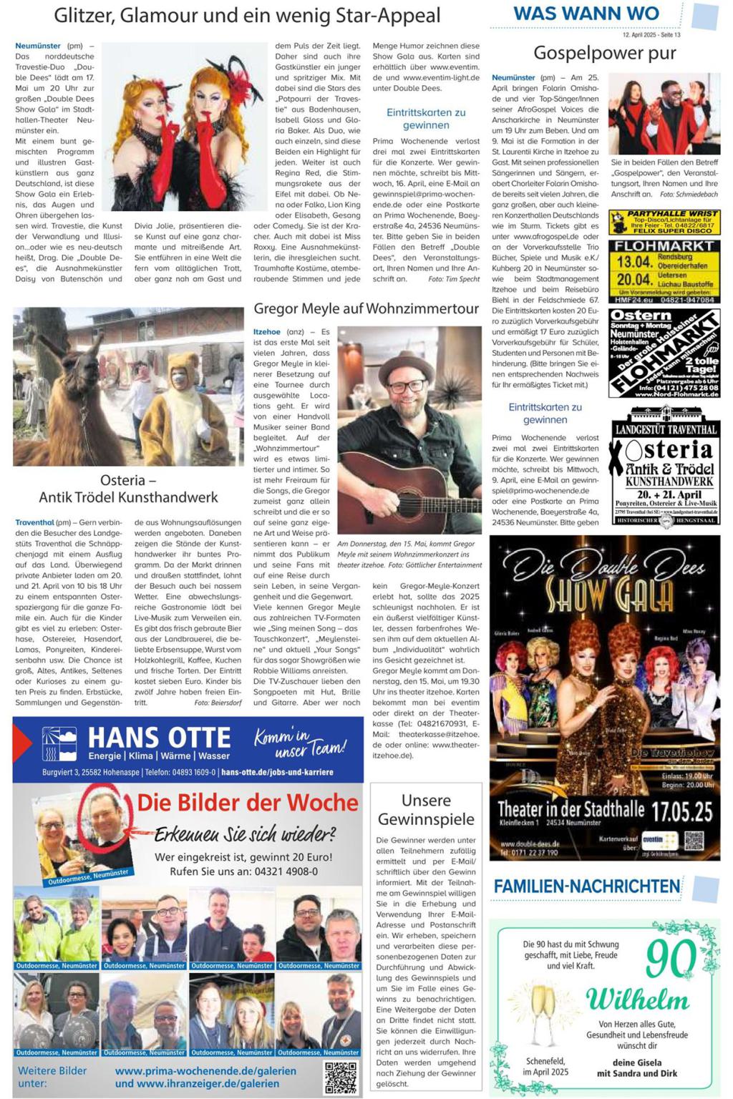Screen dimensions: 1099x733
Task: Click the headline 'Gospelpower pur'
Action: (605, 53)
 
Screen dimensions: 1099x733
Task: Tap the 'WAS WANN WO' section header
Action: (586, 14)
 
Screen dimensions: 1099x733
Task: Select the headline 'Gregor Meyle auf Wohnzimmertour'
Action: (366, 308)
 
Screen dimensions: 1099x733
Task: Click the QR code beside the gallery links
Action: (340, 1078)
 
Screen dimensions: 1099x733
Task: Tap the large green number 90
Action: (671, 959)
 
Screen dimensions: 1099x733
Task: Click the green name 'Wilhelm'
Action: (637, 999)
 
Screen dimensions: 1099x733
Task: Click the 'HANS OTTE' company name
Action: (159, 738)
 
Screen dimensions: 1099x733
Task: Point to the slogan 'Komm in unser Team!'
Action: (299, 743)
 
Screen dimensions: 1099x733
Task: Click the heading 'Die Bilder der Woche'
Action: (247, 803)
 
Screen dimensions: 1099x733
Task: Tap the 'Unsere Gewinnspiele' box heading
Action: (426, 810)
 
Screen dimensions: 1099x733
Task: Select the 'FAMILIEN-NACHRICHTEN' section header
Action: (586, 886)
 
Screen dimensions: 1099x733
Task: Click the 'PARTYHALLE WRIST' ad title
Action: (671, 214)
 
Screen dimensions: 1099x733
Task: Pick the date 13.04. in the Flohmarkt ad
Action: (634, 262)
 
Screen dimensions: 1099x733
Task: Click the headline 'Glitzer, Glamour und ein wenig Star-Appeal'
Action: (247, 16)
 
